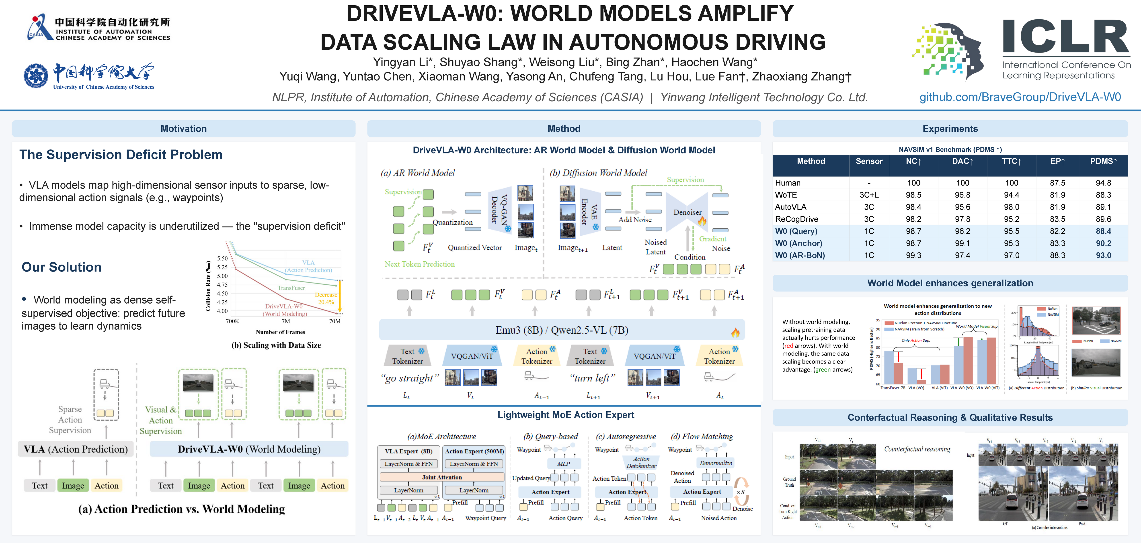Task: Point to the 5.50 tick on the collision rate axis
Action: click(x=222, y=258)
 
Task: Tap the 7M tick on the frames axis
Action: click(x=286, y=321)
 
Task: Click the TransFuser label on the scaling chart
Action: click(x=291, y=288)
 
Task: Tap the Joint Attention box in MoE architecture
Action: click(x=442, y=477)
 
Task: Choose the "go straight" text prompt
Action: click(x=410, y=378)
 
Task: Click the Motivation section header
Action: click(x=183, y=129)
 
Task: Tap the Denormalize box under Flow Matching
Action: click(x=715, y=463)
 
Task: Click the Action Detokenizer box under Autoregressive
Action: click(x=641, y=462)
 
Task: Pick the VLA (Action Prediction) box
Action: click(x=76, y=449)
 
